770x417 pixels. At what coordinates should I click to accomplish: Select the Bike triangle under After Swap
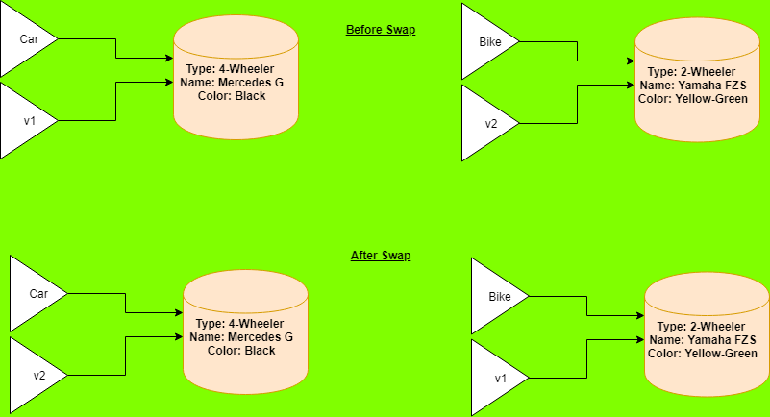click(x=496, y=297)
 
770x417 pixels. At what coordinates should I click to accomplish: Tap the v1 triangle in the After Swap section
click(x=496, y=378)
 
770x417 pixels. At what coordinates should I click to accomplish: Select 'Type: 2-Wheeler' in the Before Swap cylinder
click(x=692, y=72)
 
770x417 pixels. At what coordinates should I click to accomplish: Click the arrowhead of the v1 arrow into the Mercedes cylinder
click(x=168, y=83)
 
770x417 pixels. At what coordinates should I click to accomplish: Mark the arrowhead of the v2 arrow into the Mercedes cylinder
click(x=178, y=336)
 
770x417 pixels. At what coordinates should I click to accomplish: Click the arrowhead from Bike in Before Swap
click(x=630, y=61)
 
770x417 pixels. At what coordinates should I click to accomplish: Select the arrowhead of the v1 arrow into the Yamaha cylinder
click(x=639, y=340)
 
